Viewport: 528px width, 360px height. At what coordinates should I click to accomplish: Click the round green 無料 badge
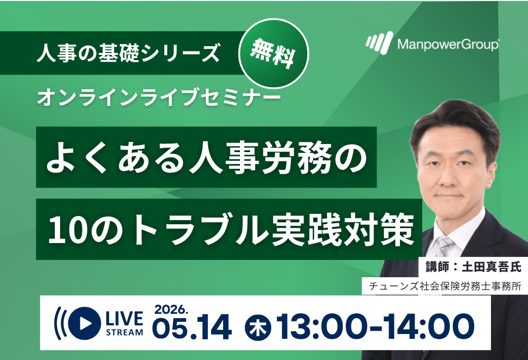(x=274, y=54)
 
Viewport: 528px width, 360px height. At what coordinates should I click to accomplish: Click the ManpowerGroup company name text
(x=448, y=44)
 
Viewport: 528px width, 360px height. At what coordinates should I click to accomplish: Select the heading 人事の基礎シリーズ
(x=128, y=52)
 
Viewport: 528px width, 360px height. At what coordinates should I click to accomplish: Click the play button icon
(x=84, y=323)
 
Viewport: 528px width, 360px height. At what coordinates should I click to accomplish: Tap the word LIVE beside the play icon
(x=124, y=319)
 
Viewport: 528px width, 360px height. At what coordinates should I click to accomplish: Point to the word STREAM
(x=124, y=333)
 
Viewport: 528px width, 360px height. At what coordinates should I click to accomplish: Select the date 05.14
(x=192, y=327)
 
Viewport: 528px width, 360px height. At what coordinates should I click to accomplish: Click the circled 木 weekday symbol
(x=258, y=327)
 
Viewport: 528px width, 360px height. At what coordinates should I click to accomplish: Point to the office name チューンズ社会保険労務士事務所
(x=445, y=286)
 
